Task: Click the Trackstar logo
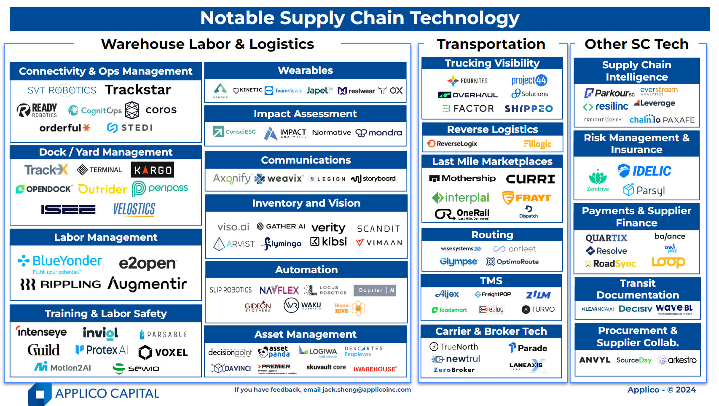click(138, 90)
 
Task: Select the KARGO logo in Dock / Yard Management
click(152, 170)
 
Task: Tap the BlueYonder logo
click(60, 261)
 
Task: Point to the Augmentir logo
click(147, 284)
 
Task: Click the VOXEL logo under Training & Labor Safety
click(163, 352)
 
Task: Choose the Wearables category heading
click(305, 70)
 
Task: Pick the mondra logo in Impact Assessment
click(379, 133)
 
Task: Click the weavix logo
click(279, 179)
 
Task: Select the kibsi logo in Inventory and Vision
click(329, 242)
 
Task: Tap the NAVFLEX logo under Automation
click(279, 290)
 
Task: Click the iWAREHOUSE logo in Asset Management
click(375, 369)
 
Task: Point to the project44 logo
click(529, 80)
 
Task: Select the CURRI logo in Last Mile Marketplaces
click(530, 179)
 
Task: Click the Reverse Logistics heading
click(492, 129)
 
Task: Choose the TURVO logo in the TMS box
click(538, 309)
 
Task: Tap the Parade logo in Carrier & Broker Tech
click(528, 348)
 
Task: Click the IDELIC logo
click(644, 171)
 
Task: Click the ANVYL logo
click(595, 360)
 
